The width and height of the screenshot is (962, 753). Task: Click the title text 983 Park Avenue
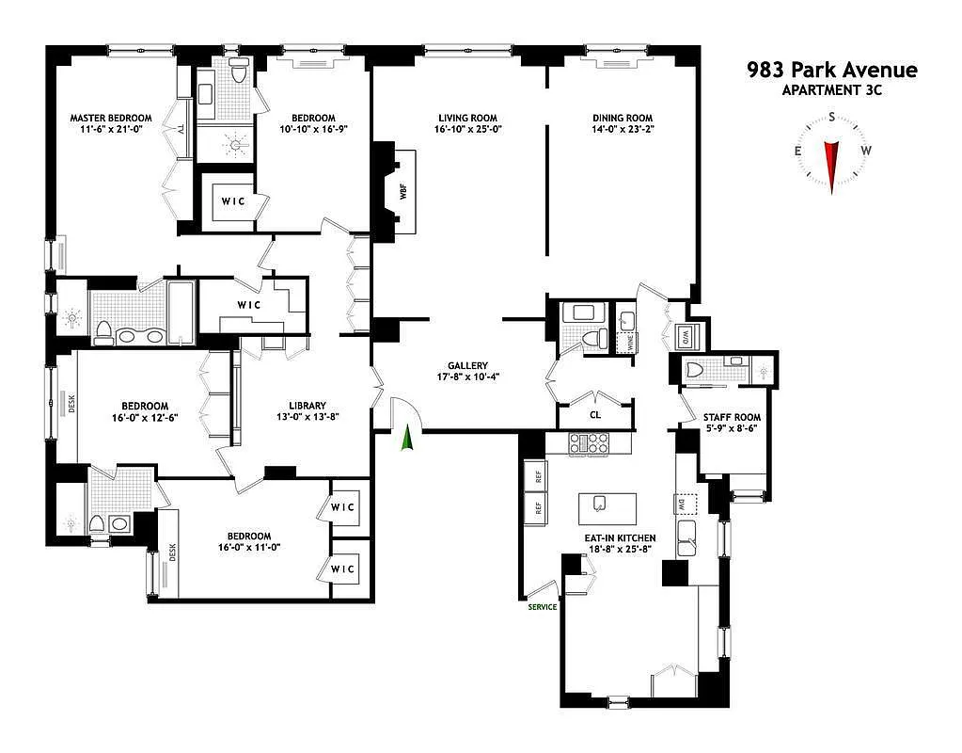(831, 70)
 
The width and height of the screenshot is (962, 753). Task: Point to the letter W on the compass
(866, 151)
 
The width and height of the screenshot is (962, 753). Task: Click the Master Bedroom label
(111, 119)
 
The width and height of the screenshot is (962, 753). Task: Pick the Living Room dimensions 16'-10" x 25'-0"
(467, 130)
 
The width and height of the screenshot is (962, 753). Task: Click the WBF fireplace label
(403, 191)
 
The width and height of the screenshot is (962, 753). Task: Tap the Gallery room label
(467, 365)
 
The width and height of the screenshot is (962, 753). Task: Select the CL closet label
(595, 414)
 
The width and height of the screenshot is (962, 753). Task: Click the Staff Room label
(733, 417)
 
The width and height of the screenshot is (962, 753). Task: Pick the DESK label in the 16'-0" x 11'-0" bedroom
(172, 551)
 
